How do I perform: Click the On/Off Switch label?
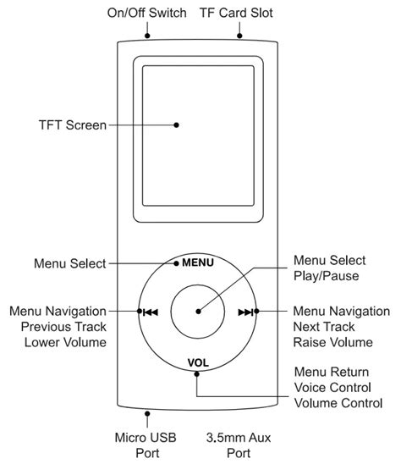click(146, 14)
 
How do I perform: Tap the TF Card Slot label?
click(238, 14)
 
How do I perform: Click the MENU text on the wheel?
click(198, 262)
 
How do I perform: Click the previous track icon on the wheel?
click(151, 312)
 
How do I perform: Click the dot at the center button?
click(198, 311)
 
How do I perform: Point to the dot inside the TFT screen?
click(176, 124)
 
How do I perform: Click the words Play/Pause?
click(326, 275)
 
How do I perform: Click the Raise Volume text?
click(332, 342)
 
